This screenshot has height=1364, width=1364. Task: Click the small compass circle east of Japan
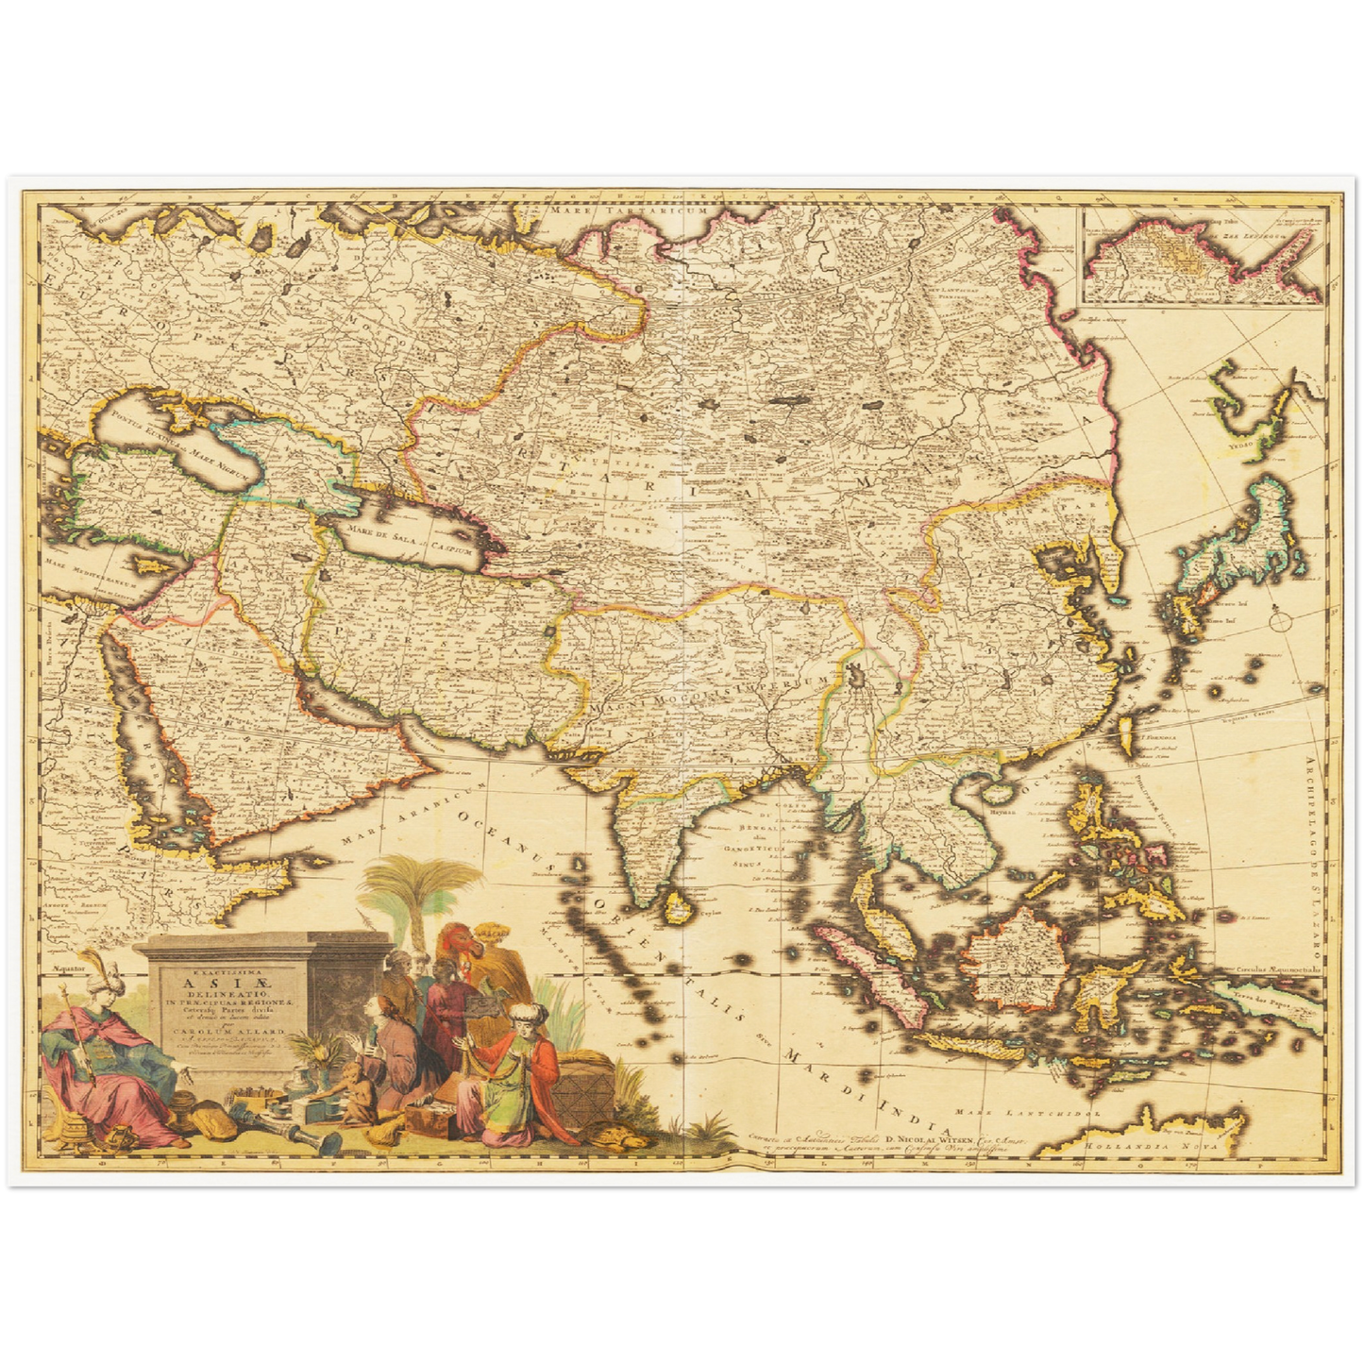point(1280,622)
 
